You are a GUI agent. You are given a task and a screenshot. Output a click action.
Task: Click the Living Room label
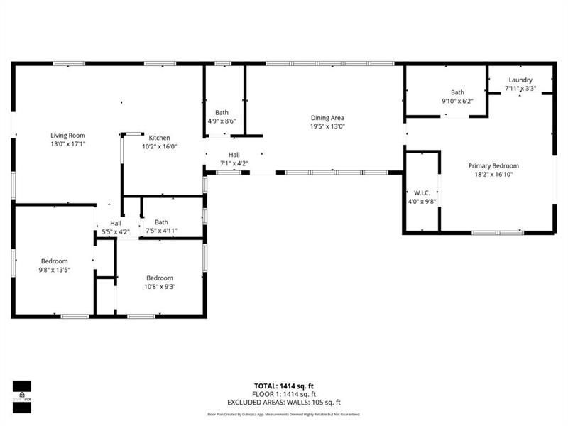click(67, 135)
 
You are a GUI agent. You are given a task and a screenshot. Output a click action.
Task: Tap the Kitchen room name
click(160, 138)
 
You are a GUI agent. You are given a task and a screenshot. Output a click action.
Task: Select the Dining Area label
click(327, 118)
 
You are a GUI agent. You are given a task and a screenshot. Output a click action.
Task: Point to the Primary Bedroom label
click(493, 165)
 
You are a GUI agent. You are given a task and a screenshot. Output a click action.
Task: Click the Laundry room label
click(520, 80)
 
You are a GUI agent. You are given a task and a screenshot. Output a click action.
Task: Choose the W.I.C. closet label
click(422, 193)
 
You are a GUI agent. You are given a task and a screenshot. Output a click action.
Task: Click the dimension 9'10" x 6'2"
click(457, 101)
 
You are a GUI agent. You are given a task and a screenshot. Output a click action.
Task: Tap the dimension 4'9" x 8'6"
click(222, 121)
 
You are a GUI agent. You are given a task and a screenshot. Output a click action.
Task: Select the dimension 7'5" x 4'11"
click(161, 230)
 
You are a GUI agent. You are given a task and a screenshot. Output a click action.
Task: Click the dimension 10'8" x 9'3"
click(160, 287)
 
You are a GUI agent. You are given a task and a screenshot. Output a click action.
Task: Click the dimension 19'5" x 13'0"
click(327, 126)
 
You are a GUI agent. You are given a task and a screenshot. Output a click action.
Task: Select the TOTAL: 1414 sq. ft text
click(283, 386)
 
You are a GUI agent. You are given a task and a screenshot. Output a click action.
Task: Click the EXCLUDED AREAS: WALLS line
click(283, 401)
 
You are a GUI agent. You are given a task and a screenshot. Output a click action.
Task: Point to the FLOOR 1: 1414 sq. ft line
click(283, 393)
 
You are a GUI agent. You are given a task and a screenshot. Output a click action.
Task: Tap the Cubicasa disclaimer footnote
click(283, 414)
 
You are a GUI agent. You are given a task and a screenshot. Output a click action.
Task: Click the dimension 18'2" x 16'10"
click(493, 174)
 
